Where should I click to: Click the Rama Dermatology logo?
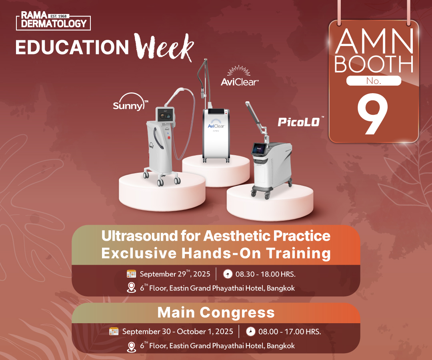pos(54,21)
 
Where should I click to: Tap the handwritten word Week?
pos(164,47)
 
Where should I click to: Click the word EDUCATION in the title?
pos(72,47)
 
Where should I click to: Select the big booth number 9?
pos(372,114)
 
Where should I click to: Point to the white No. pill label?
pos(374,81)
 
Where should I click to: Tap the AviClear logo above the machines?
pos(240,76)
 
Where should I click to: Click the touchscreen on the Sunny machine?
pos(165,114)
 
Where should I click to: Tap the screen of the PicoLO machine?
pos(259,150)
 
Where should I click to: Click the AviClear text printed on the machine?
pos(216,126)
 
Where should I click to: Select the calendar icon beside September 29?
pos(132,274)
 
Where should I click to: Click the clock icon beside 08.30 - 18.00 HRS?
pos(228,274)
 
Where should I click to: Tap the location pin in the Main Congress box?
pos(132,347)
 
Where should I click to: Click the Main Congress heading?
pos(216,313)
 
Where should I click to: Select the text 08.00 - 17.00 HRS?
pos(290,331)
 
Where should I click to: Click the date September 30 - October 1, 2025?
pos(178,331)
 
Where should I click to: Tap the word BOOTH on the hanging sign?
pos(374,64)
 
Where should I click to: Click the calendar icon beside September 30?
pos(114,331)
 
